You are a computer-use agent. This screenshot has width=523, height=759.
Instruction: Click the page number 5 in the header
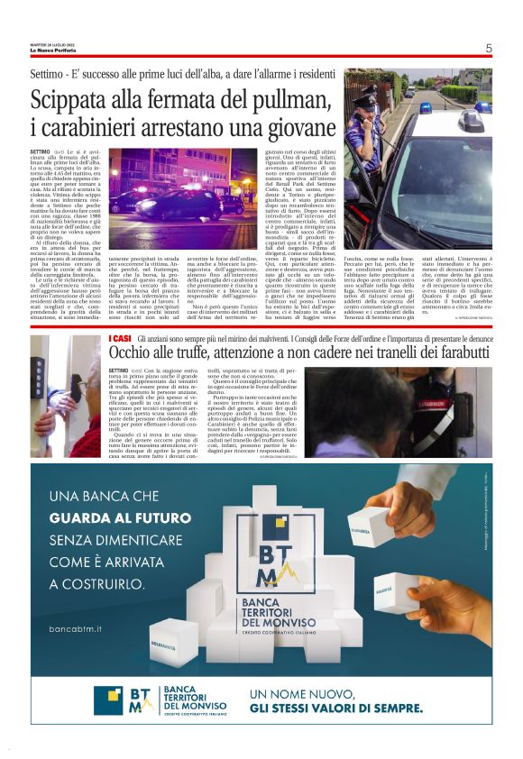[488, 48]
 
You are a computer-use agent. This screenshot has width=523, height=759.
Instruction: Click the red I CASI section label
[119, 336]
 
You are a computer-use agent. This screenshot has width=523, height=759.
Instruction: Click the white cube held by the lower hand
[394, 591]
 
